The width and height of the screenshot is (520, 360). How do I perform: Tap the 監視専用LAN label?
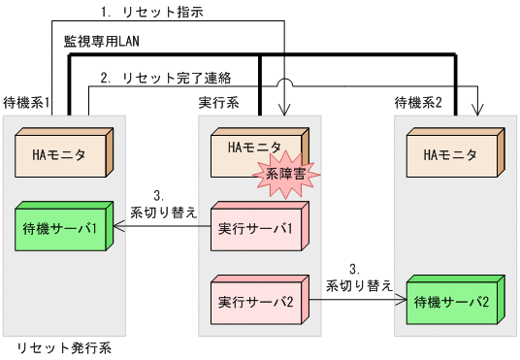103,44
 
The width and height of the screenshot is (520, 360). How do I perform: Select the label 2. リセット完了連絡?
179,77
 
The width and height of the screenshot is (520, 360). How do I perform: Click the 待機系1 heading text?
27,102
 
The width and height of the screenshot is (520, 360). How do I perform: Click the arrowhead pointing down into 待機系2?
477,110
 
